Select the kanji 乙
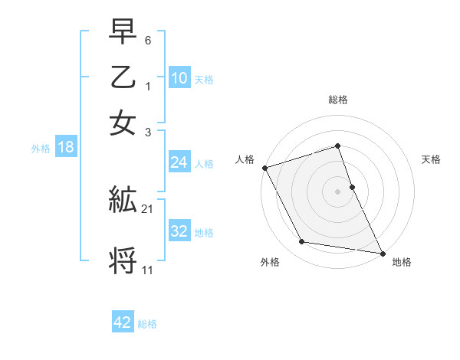click(123, 79)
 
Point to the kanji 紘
click(123, 200)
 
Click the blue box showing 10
click(179, 78)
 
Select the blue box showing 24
click(179, 162)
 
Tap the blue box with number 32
click(179, 231)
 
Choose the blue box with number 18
click(66, 148)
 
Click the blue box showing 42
click(123, 322)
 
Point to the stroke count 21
click(147, 208)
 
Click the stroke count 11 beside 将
click(147, 270)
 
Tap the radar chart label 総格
click(337, 100)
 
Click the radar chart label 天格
click(431, 159)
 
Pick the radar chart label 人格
click(245, 159)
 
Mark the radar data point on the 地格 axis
click(382, 253)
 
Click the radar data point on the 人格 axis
click(264, 168)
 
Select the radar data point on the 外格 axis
click(302, 242)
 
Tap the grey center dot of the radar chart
click(337, 191)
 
